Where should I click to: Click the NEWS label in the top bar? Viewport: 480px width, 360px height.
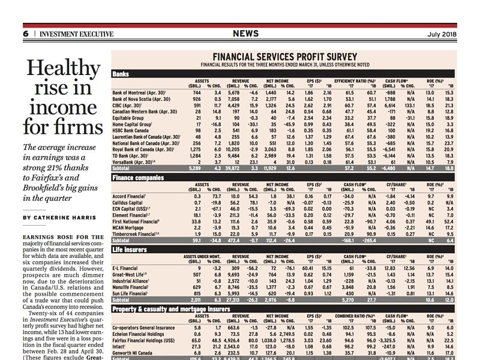246,33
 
